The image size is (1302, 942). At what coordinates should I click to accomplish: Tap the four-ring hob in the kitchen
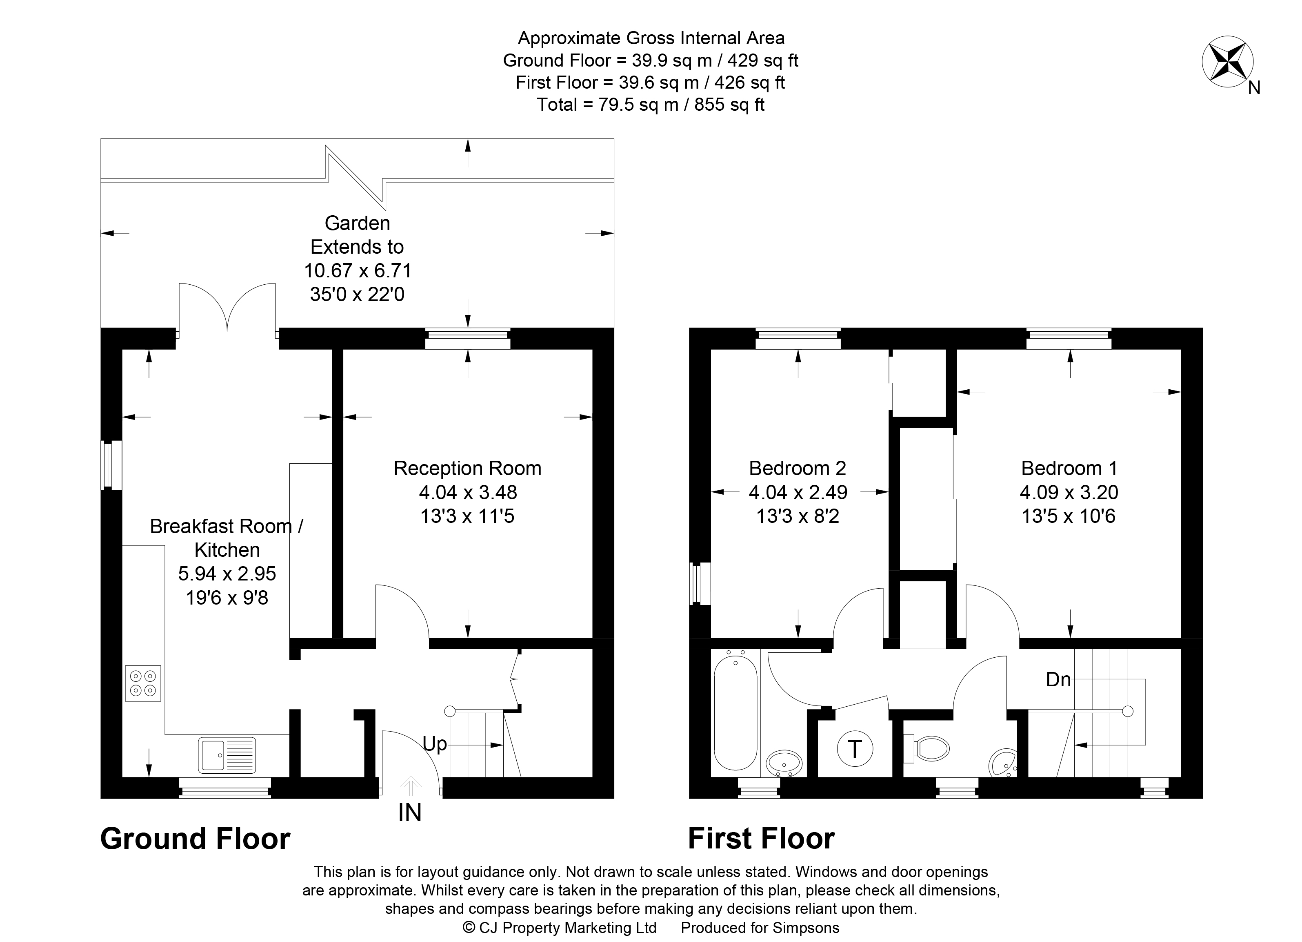pyautogui.click(x=143, y=683)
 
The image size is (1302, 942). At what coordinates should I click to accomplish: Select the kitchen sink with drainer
pyautogui.click(x=227, y=755)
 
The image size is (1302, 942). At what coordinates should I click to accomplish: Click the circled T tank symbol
pyautogui.click(x=855, y=748)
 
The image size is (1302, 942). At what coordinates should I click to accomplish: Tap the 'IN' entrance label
pyautogui.click(x=410, y=813)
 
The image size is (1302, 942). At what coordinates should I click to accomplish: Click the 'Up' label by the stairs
pyautogui.click(x=435, y=744)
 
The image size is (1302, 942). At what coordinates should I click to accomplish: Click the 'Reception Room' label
pyautogui.click(x=467, y=469)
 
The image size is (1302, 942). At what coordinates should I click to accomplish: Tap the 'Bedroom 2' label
pyautogui.click(x=798, y=469)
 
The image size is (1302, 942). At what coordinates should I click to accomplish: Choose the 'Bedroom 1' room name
pyautogui.click(x=1069, y=469)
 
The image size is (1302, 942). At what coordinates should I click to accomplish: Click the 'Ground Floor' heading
pyautogui.click(x=195, y=839)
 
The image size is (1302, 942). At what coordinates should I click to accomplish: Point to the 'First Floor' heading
pyautogui.click(x=761, y=839)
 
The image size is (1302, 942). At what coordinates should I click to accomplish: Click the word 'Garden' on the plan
pyautogui.click(x=357, y=223)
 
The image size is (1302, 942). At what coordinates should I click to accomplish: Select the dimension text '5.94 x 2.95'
pyautogui.click(x=227, y=573)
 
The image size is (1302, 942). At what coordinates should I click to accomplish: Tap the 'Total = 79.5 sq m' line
pyautogui.click(x=651, y=105)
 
